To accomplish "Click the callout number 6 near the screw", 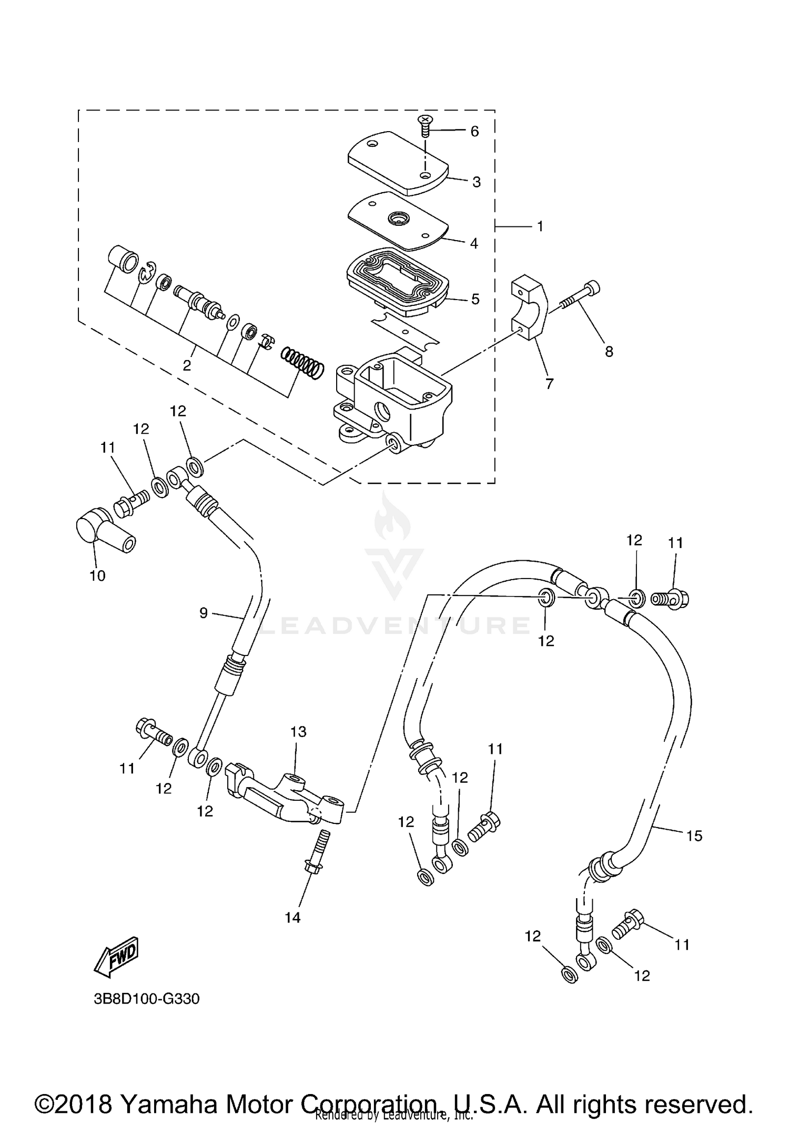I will coord(474,131).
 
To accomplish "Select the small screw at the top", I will coord(424,124).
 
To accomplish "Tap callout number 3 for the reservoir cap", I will coord(476,182).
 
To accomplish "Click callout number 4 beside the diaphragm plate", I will coord(474,243).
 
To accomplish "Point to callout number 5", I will coord(475,299).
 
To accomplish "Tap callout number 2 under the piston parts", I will coord(187,365).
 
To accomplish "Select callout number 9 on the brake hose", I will coord(204,613).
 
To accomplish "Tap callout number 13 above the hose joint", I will coord(298,732).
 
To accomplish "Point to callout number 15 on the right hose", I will coord(694,835).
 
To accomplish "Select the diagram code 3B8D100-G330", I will coord(147,999).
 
